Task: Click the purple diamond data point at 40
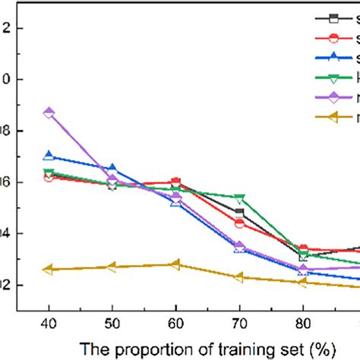[x=49, y=112]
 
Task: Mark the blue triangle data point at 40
[x=49, y=156]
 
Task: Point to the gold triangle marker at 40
[x=49, y=269]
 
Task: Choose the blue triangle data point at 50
[x=112, y=168]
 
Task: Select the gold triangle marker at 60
[x=176, y=264]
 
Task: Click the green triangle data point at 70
[x=239, y=198]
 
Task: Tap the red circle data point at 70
[x=239, y=223]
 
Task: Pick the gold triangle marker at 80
[x=303, y=282]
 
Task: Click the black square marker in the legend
[x=332, y=19]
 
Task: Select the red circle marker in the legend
[x=332, y=39]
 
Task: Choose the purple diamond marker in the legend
[x=332, y=97]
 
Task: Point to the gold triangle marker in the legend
[x=332, y=117]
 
